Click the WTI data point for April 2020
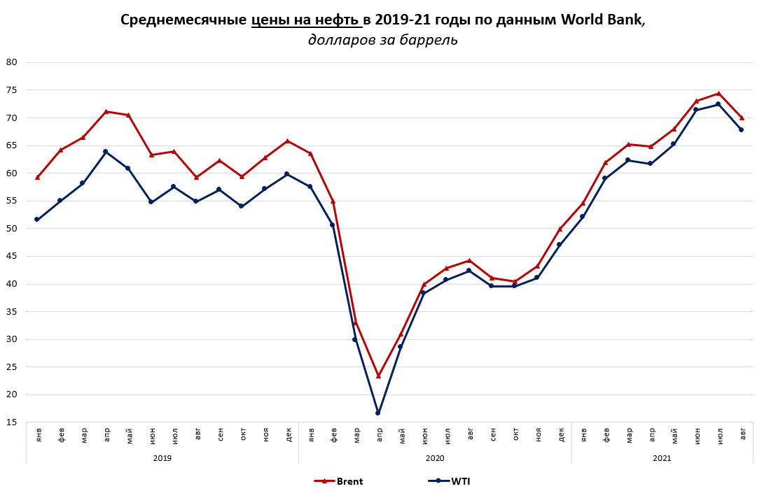pos(378,413)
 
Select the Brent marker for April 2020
pos(378,376)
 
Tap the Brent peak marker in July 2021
pos(718,93)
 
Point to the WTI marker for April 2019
pos(105,151)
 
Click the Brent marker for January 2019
pos(37,177)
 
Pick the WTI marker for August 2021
pos(741,129)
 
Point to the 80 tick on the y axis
pos(11,62)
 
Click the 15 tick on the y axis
pos(11,422)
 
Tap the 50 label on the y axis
pos(11,229)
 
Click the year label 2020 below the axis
pos(434,458)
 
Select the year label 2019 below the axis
pos(162,458)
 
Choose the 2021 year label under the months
pos(662,458)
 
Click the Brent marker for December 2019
pos(287,141)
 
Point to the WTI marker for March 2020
pos(355,339)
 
